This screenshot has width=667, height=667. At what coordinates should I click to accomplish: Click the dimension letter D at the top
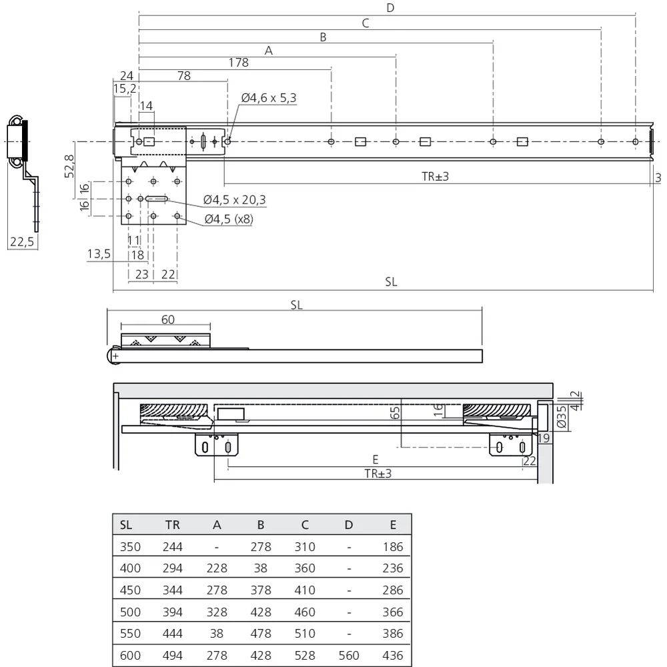[390, 7]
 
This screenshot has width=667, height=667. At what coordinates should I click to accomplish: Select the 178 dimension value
[238, 63]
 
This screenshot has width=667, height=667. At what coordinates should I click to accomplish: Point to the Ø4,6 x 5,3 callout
[269, 98]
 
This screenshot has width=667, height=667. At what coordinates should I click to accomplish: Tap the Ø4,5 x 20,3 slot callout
[234, 199]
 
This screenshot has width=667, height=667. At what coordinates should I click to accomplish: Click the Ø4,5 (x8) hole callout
[229, 219]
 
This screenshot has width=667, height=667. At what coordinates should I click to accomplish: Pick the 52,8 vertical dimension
[69, 166]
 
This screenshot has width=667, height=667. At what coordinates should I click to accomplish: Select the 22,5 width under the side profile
[22, 241]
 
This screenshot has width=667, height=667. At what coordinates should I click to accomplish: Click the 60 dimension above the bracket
[168, 319]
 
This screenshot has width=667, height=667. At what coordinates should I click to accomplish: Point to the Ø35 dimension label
[562, 416]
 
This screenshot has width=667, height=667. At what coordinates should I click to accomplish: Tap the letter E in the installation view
[375, 460]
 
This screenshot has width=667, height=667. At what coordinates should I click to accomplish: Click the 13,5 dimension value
[99, 254]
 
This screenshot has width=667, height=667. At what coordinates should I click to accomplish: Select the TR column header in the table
[173, 525]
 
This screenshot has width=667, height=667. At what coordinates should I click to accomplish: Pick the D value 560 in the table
[349, 656]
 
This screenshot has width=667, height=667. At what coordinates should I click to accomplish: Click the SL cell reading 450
[130, 590]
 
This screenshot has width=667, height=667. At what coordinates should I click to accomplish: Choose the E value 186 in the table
[393, 547]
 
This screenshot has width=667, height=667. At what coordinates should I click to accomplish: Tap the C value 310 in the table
[305, 547]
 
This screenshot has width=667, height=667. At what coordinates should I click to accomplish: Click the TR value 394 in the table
[173, 612]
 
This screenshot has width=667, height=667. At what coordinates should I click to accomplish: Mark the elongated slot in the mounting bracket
[157, 199]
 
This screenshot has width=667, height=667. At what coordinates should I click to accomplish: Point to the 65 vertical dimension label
[395, 413]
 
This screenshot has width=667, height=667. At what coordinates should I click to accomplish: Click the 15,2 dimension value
[125, 89]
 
